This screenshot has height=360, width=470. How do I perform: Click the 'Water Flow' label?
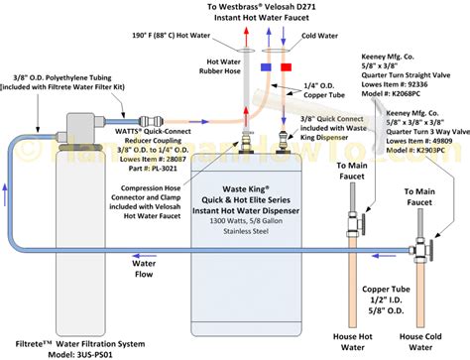pyautogui.click(x=146, y=268)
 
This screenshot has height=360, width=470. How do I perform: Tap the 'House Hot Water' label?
pyautogui.click(x=356, y=331)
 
